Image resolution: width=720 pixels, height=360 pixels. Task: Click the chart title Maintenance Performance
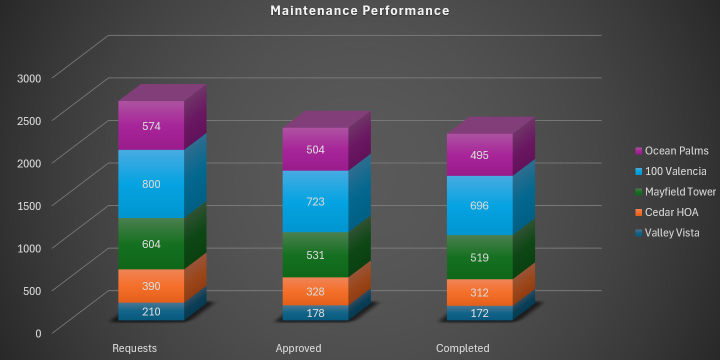[359, 10]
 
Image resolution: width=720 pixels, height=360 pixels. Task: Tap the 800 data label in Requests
[151, 184]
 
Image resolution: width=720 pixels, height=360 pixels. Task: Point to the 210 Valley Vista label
[151, 312]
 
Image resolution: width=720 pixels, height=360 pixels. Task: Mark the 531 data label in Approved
[315, 255]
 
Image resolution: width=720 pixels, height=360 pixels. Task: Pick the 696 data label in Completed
[479, 205]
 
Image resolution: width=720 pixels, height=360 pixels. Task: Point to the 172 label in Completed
[479, 313]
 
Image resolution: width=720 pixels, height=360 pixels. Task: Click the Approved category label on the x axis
[298, 348]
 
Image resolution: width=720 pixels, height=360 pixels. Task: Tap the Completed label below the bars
[462, 348]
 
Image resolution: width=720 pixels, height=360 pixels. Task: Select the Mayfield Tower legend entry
[680, 192]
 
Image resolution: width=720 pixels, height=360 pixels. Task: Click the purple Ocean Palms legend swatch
[638, 151]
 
